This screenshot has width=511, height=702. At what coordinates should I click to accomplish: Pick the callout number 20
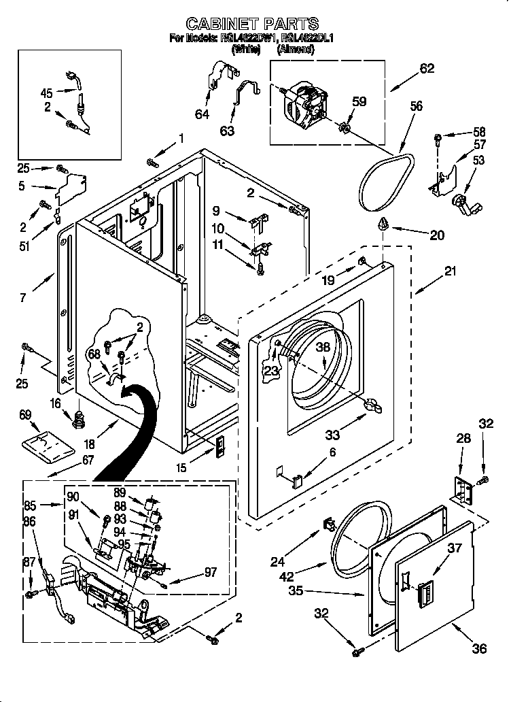438,235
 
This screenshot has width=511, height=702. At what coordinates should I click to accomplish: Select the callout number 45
46,93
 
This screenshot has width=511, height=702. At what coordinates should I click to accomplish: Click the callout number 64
202,114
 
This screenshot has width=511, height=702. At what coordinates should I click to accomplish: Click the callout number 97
211,573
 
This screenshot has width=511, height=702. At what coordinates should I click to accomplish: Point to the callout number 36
480,648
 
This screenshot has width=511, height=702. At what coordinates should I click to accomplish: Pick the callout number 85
31,505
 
